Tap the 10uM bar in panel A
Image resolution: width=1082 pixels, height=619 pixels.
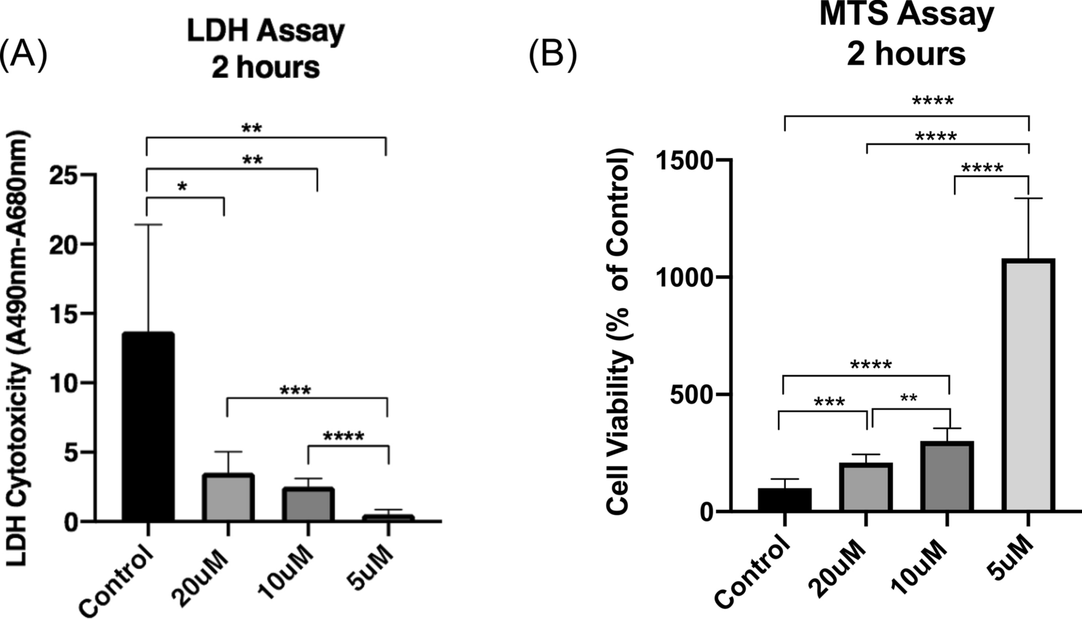(x=308, y=504)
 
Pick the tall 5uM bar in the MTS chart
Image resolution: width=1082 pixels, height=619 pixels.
(x=1028, y=386)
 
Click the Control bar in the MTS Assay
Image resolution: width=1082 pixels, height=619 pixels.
(x=784, y=500)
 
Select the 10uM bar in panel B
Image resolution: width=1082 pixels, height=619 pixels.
(x=947, y=476)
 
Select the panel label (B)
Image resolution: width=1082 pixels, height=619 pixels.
(x=553, y=56)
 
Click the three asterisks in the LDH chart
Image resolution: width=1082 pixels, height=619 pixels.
(x=295, y=392)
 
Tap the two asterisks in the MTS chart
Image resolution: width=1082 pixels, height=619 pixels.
(x=908, y=398)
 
